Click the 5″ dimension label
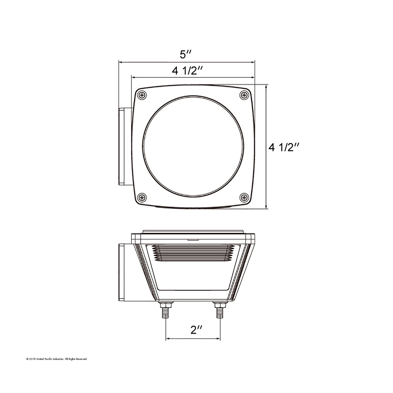(x=185, y=54)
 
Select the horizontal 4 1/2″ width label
(x=187, y=71)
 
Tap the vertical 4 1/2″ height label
(x=284, y=147)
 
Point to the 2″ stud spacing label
(x=196, y=330)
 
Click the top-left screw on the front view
(x=142, y=95)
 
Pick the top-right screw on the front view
(x=244, y=95)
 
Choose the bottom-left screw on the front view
(x=142, y=197)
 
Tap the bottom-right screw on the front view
(x=244, y=197)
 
